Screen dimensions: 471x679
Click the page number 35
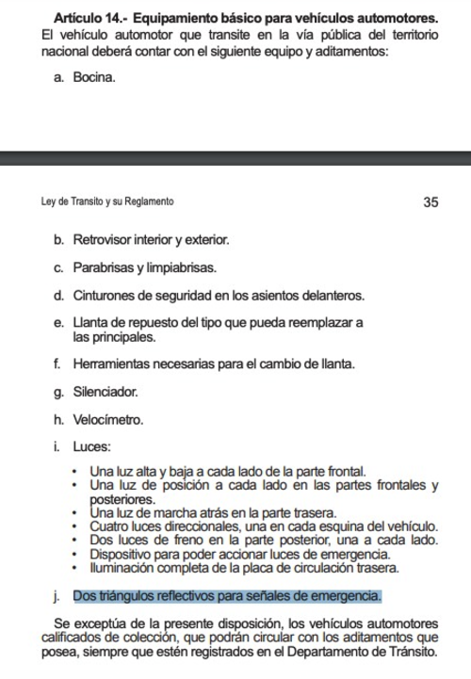point(430,202)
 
